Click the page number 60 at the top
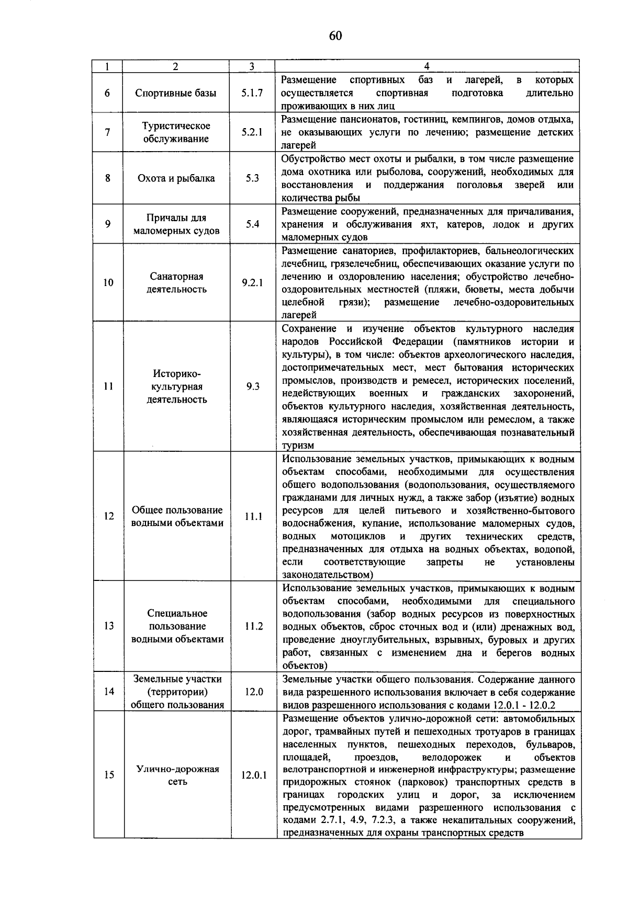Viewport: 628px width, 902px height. coord(335,36)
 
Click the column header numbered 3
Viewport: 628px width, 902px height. coord(252,66)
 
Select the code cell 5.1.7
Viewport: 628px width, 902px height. coord(252,93)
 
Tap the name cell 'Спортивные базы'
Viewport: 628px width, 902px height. coord(175,93)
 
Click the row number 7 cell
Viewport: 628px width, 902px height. coord(107,132)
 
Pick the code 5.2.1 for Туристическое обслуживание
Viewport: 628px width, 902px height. coord(252,132)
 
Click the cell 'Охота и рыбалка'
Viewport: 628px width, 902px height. coord(176,178)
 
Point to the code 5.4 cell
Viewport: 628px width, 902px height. coord(252,224)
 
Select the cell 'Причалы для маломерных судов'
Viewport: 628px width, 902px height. coord(176,224)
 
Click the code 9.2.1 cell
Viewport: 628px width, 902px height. coord(252,283)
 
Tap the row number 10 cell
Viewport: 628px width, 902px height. coord(108,283)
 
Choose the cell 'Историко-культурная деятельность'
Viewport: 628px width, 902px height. coord(176,387)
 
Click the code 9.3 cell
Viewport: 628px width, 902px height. coord(253,387)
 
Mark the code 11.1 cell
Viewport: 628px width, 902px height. coord(253,517)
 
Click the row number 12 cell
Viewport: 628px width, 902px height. coord(109,517)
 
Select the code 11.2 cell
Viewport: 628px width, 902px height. coord(253,626)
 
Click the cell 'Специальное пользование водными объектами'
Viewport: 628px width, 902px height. coord(177,626)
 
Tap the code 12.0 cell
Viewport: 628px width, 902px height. coord(253,692)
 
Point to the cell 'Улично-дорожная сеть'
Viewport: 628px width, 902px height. coord(177,775)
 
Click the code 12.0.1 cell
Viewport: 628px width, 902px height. coord(254,775)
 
